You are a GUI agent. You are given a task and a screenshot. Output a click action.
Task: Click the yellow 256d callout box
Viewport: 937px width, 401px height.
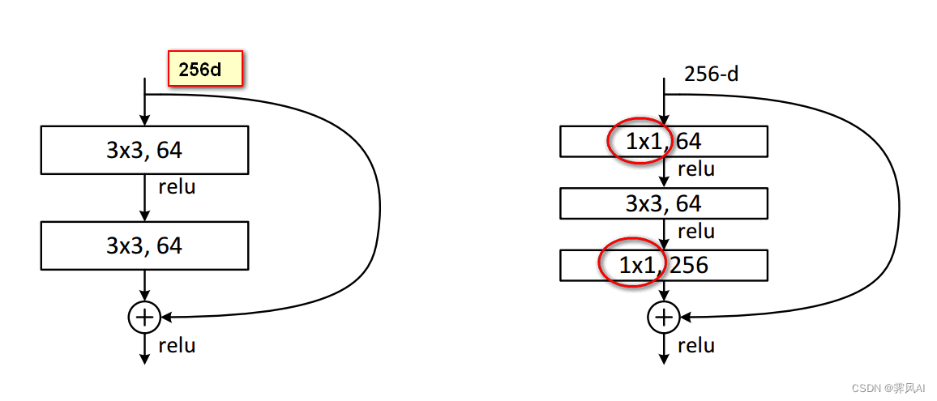tap(205, 69)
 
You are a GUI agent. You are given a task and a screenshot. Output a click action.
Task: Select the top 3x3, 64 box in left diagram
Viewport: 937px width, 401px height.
tap(144, 150)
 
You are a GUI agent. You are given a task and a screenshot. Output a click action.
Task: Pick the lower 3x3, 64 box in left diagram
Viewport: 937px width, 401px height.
tap(144, 245)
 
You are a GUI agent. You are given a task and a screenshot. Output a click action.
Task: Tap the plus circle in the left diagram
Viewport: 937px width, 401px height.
tap(145, 318)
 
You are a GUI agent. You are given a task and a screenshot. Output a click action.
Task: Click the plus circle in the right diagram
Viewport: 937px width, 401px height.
tap(664, 318)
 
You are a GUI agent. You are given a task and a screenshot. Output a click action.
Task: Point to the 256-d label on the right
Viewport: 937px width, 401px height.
tap(711, 75)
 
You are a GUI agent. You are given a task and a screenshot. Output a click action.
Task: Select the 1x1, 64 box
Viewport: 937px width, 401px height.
tap(663, 142)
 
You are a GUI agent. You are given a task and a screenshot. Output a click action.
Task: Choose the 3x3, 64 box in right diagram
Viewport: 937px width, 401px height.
tap(663, 203)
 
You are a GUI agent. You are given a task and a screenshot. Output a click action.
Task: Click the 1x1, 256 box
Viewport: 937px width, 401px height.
tap(663, 265)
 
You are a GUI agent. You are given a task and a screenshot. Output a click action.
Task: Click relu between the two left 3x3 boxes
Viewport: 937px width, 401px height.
tap(177, 187)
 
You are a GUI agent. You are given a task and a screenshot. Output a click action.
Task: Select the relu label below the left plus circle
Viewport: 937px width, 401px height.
tap(177, 346)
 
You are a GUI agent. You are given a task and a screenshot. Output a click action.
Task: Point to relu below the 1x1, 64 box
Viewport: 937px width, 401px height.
tap(695, 169)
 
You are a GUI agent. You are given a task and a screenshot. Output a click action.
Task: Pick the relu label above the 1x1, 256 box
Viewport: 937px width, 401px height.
tap(695, 232)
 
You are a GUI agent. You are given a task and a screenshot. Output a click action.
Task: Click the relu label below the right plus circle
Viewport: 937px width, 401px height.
tap(695, 346)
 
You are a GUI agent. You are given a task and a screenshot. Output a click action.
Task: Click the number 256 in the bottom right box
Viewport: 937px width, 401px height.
tap(689, 265)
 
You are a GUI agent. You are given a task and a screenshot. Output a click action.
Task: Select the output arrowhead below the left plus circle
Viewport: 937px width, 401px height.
tap(145, 359)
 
